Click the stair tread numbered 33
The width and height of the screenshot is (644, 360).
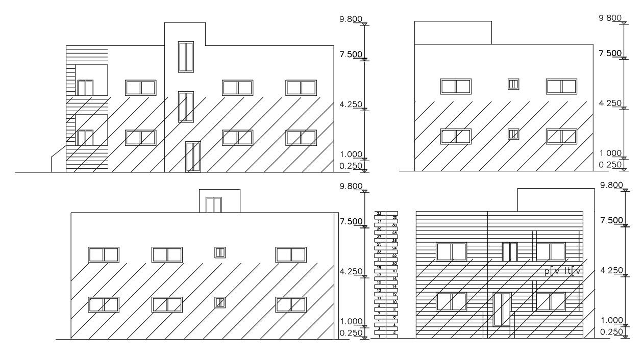coord(379,213)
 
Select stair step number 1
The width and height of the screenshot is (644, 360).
coord(379,336)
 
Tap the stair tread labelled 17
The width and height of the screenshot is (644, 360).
coord(379,275)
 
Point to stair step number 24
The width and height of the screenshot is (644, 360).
coord(394,248)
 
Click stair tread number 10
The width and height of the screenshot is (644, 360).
coord(394,302)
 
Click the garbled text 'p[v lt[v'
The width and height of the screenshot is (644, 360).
coord(563,272)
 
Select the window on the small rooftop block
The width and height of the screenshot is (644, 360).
coord(213,205)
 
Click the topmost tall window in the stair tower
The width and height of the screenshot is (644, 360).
coord(186,57)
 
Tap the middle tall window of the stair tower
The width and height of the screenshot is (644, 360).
coord(186,107)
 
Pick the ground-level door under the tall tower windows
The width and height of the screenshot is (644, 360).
coord(193,157)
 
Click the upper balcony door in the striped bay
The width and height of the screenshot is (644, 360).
coord(85,88)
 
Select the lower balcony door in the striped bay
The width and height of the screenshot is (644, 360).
coord(85,138)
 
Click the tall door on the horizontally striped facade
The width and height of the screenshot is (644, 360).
coord(502,308)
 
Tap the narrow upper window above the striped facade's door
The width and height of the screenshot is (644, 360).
coord(509,252)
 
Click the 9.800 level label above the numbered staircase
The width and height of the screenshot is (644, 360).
coord(351,186)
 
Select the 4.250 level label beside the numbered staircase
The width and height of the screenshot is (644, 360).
coord(351,272)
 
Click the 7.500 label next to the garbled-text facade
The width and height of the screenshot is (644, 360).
coord(611,220)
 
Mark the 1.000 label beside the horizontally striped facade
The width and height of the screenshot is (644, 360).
coord(611,320)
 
